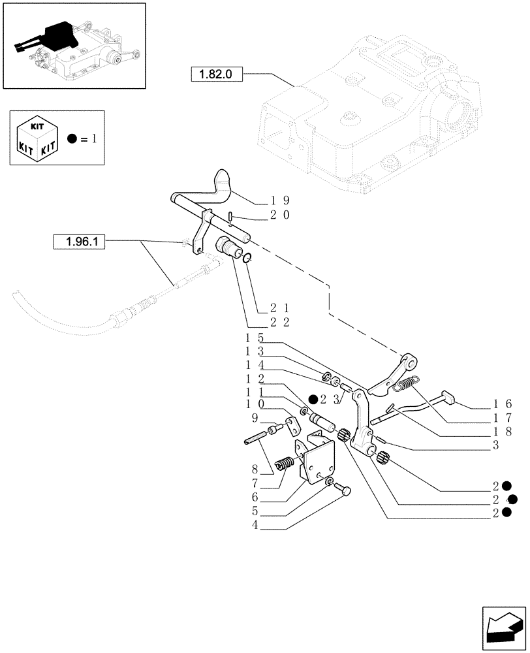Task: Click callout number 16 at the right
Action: click(503, 404)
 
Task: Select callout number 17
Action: click(503, 418)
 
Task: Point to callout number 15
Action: click(253, 339)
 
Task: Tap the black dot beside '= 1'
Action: click(73, 139)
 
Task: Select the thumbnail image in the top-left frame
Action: click(73, 45)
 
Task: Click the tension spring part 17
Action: click(410, 385)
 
